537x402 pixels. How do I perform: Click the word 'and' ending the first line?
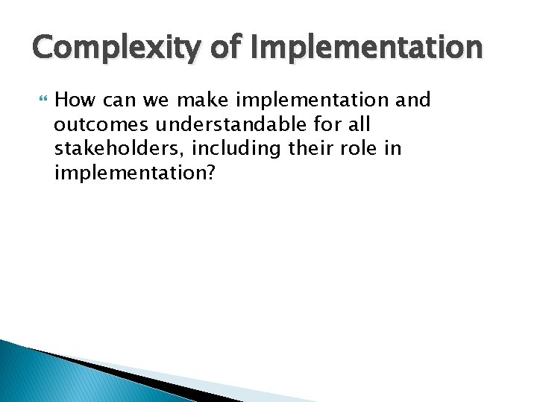point(415,100)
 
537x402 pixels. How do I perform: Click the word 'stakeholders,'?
point(119,149)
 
